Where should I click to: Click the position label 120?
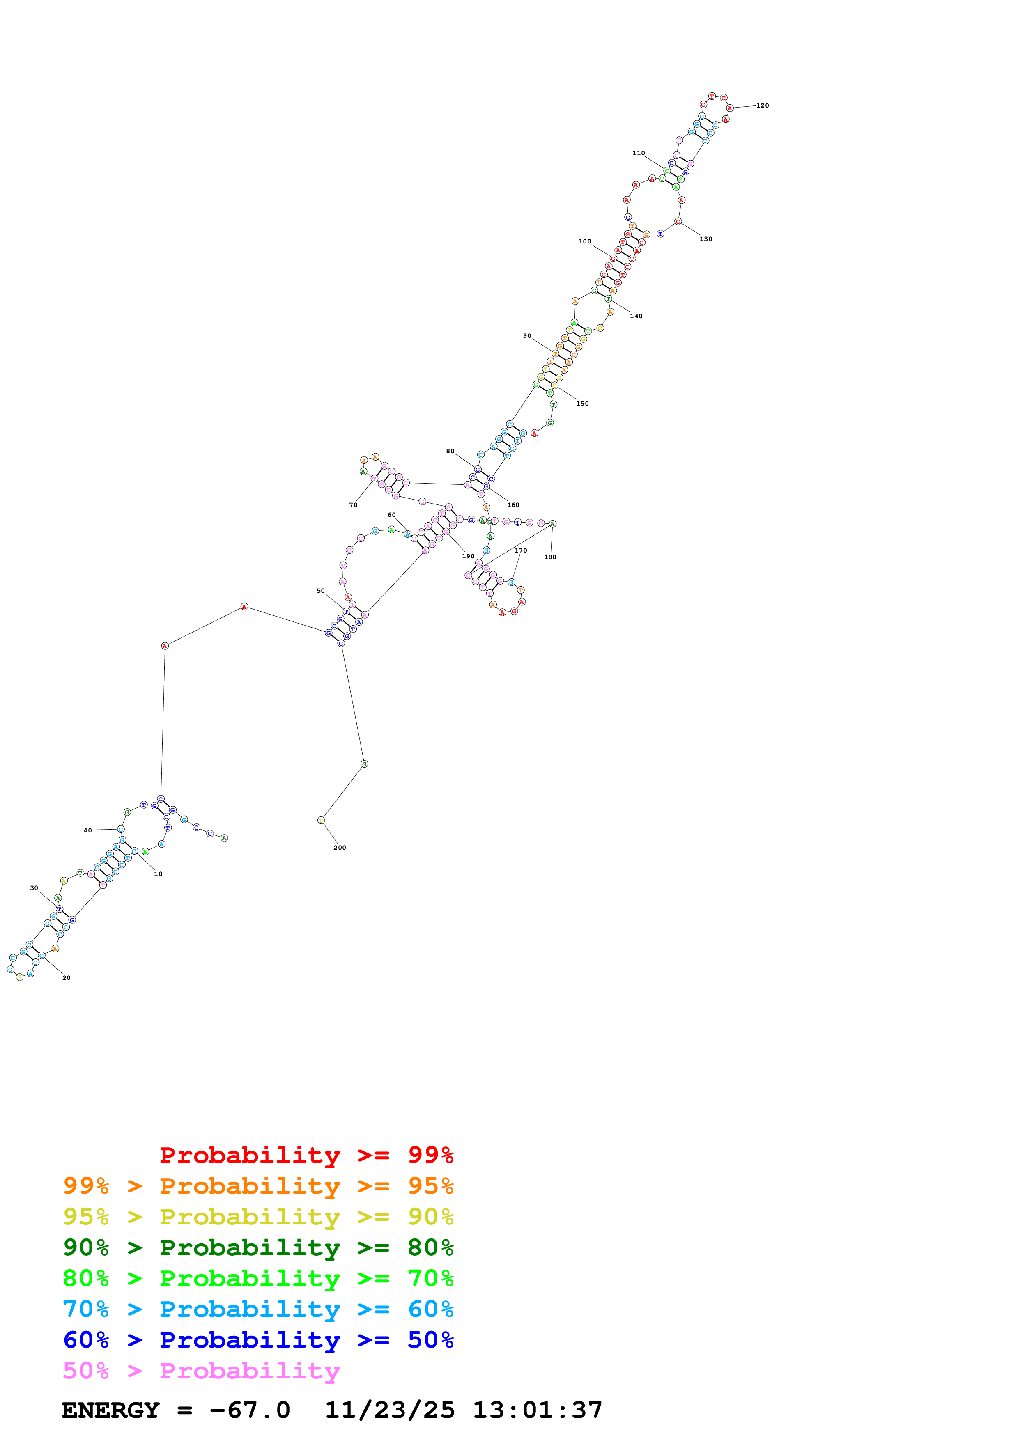point(762,105)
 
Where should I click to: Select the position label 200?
point(339,847)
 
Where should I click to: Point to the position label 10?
point(158,874)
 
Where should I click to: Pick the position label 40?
point(88,830)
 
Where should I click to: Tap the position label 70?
point(353,505)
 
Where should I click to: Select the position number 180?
point(550,557)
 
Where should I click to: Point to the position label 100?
point(585,241)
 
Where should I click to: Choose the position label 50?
point(321,591)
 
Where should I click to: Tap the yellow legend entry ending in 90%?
point(258,1217)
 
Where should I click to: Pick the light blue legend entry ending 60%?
point(258,1309)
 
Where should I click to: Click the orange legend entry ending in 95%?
point(258,1186)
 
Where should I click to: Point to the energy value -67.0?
point(250,1410)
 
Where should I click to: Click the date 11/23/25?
point(390,1410)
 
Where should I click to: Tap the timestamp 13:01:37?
point(538,1410)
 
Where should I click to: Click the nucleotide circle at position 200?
point(321,820)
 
